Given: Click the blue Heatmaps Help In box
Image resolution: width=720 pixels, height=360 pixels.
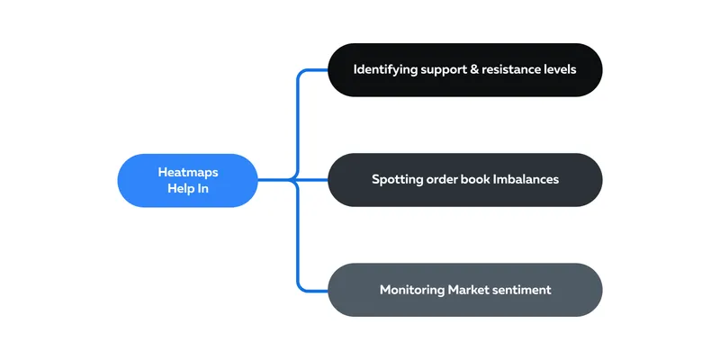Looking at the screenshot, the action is (x=188, y=180).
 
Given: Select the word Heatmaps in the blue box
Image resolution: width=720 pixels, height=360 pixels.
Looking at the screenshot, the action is (x=188, y=172).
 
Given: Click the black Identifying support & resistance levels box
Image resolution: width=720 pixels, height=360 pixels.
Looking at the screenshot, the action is (x=464, y=70).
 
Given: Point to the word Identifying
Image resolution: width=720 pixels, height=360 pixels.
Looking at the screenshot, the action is (x=386, y=70).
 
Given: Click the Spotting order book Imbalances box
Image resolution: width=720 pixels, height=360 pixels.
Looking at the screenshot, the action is (x=464, y=179).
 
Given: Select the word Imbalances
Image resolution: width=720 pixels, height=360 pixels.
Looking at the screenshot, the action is (x=526, y=179).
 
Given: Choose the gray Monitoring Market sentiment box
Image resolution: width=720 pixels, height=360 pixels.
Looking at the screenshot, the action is (x=464, y=290).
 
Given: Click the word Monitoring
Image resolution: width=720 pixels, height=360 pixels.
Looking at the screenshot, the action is (x=412, y=290).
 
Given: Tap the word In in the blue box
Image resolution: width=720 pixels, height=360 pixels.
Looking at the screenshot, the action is (x=203, y=188).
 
